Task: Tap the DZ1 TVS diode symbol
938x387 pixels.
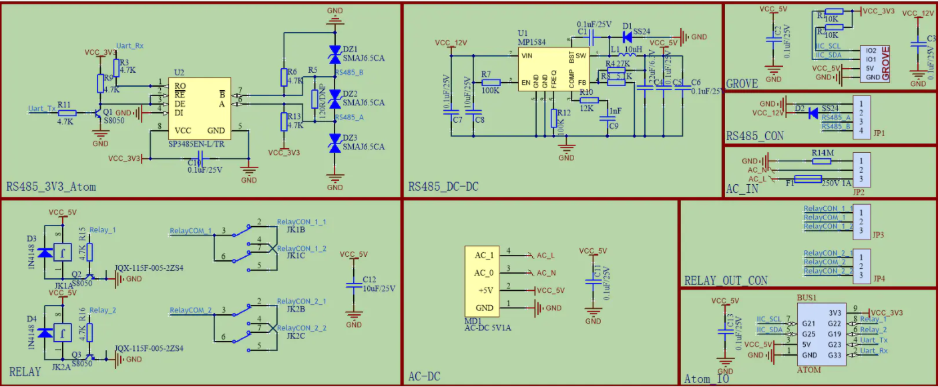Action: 334,58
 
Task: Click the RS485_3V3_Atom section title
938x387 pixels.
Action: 51,187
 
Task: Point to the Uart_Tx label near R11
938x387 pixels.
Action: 41,108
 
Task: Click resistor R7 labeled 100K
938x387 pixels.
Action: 491,82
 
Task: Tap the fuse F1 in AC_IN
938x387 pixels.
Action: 808,179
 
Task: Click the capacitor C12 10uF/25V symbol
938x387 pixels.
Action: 354,286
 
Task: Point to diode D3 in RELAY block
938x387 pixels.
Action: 44,252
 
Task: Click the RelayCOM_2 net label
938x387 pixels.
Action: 190,310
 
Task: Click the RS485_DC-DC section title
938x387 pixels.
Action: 443,187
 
